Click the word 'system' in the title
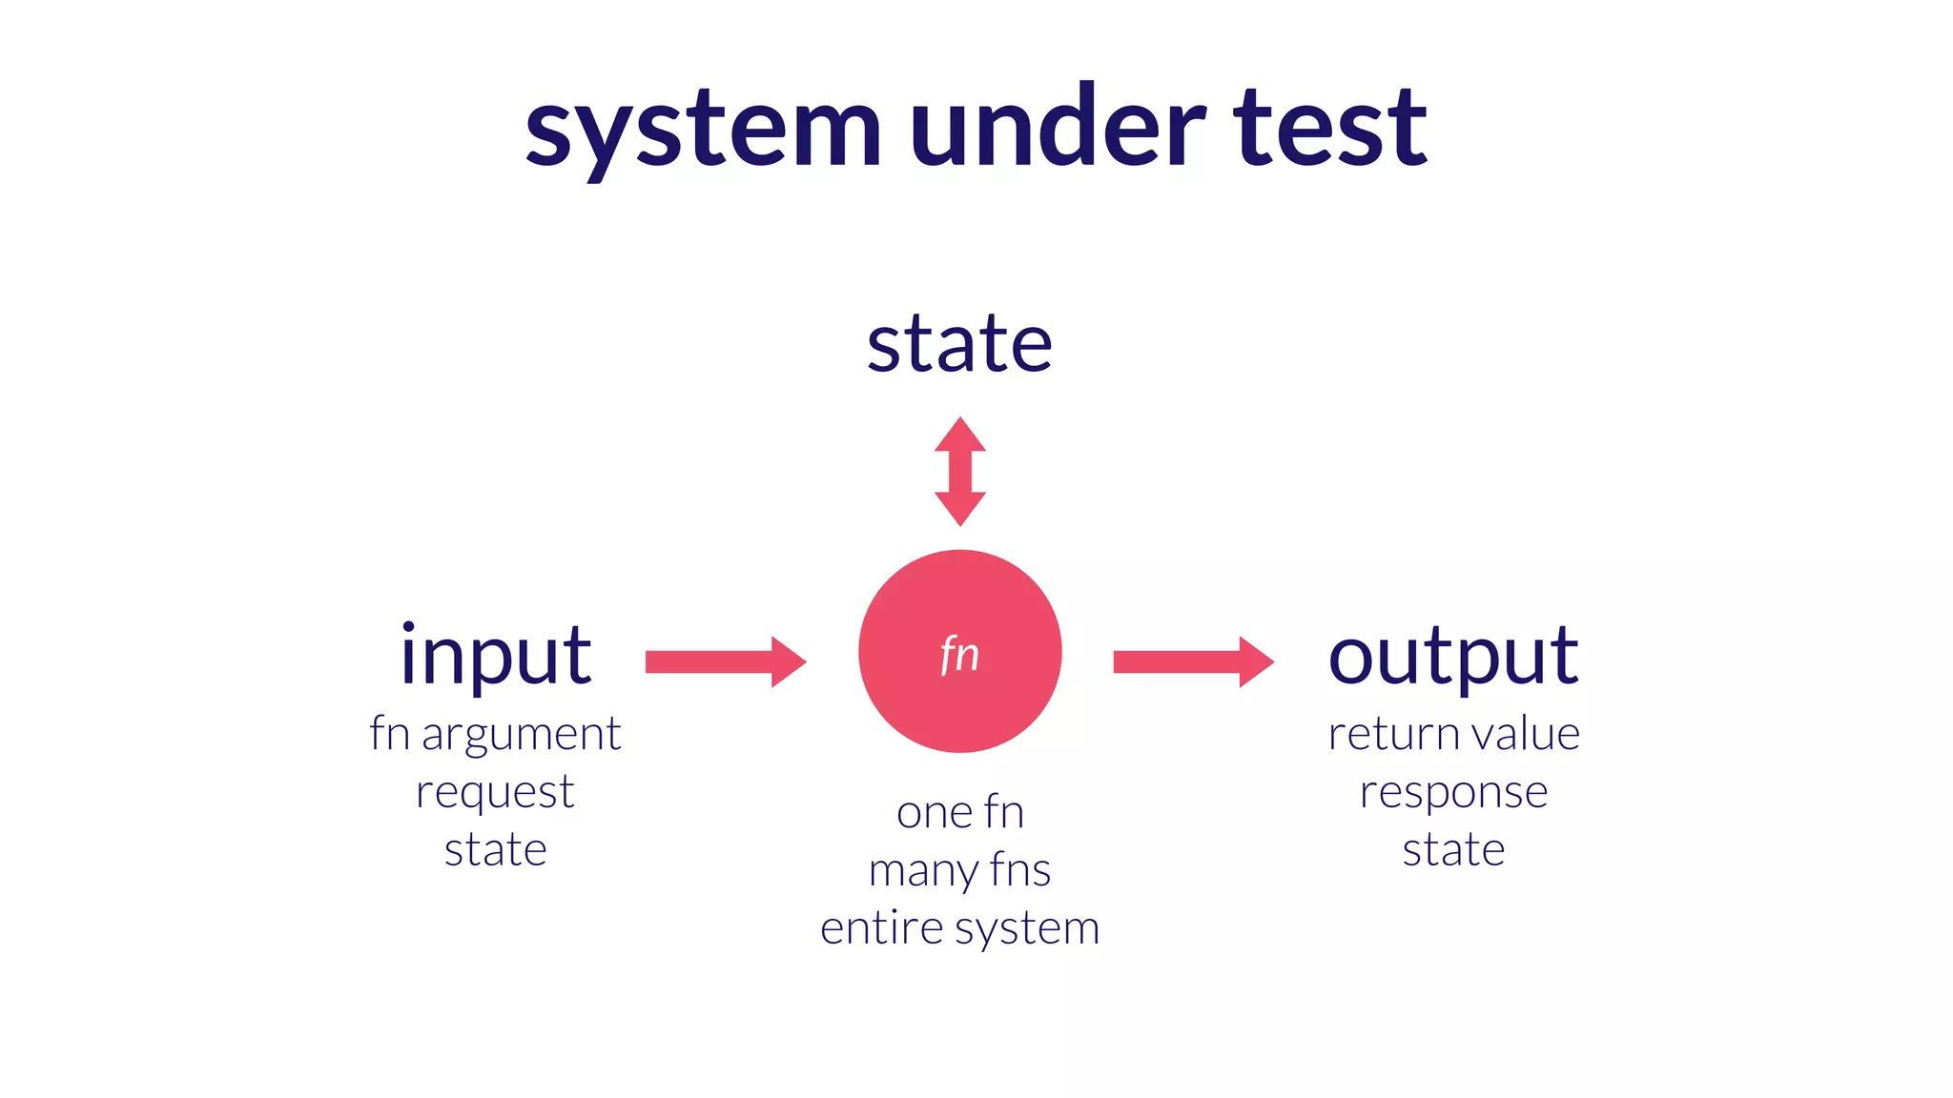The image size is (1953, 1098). pyautogui.click(x=703, y=129)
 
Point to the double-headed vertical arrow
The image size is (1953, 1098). pyautogui.click(x=959, y=471)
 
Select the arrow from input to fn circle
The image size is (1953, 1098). pyautogui.click(x=726, y=661)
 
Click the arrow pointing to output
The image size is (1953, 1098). pyautogui.click(x=1193, y=661)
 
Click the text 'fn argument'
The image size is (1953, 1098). pyautogui.click(x=495, y=735)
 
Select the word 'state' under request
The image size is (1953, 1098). pyautogui.click(x=495, y=849)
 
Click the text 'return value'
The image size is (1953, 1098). pyautogui.click(x=1453, y=734)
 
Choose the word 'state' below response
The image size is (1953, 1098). pyautogui.click(x=1453, y=849)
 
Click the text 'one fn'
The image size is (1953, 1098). pyautogui.click(x=960, y=813)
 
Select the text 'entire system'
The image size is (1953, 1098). pyautogui.click(x=960, y=928)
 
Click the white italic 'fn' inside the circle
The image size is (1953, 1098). pyautogui.click(x=959, y=655)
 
